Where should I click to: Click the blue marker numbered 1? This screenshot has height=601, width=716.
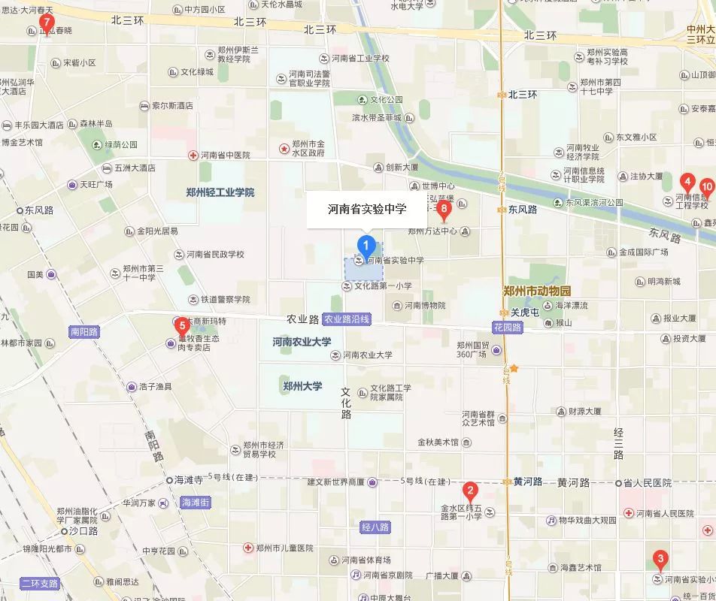(366, 244)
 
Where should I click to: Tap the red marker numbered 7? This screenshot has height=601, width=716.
(47, 24)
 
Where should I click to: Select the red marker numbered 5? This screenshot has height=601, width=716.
(181, 326)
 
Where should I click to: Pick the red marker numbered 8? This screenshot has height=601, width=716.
(444, 208)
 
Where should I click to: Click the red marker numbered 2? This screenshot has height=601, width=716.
(470, 492)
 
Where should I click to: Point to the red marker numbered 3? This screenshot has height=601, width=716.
(660, 559)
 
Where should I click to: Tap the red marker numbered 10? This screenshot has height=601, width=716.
(706, 187)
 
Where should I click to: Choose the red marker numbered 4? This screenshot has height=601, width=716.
(687, 182)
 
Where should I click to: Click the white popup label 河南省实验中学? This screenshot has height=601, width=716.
(366, 210)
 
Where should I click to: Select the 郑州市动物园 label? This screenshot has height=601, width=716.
(537, 291)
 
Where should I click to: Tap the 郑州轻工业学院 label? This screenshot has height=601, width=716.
(220, 192)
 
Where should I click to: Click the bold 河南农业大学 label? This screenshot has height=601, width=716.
(302, 342)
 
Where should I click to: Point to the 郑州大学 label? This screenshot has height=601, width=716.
(302, 386)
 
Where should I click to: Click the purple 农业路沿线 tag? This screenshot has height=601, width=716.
(346, 319)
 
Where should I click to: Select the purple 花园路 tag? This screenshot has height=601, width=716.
(508, 328)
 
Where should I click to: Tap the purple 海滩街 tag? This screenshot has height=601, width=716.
(195, 502)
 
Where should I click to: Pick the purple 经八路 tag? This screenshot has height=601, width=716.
(375, 527)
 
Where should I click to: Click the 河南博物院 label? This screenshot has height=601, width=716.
(424, 305)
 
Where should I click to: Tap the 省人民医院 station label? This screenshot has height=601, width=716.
(648, 483)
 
